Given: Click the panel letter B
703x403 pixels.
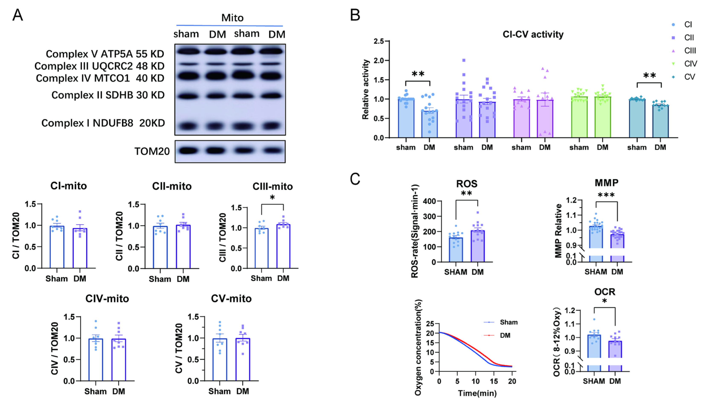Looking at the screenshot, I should (x=355, y=15).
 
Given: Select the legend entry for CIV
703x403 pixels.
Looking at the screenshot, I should (x=690, y=64).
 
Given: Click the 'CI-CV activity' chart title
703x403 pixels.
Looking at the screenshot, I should (x=533, y=35).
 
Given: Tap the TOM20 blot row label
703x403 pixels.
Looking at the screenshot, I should (x=152, y=151).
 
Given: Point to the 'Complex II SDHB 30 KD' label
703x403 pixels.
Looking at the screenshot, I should (x=108, y=95).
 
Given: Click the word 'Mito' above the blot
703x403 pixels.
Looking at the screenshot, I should (x=232, y=18).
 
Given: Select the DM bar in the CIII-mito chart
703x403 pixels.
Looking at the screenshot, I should (x=283, y=246).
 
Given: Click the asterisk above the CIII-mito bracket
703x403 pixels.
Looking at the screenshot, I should (x=272, y=198).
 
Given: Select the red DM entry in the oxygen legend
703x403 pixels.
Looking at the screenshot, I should (x=505, y=335).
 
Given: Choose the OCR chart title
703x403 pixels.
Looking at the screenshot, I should (x=604, y=292).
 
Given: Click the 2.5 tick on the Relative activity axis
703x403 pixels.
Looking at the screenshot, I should (x=379, y=41).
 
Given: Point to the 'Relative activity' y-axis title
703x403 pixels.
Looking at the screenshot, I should (x=366, y=89).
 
